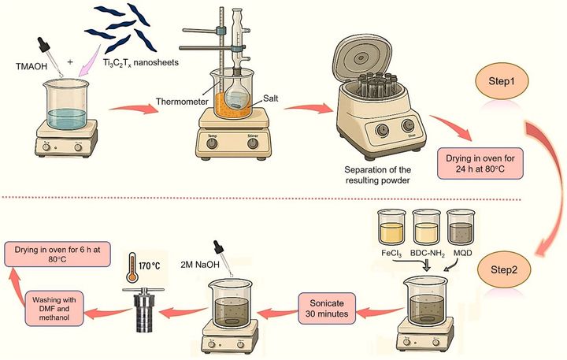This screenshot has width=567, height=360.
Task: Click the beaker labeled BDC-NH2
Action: click(428, 228)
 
